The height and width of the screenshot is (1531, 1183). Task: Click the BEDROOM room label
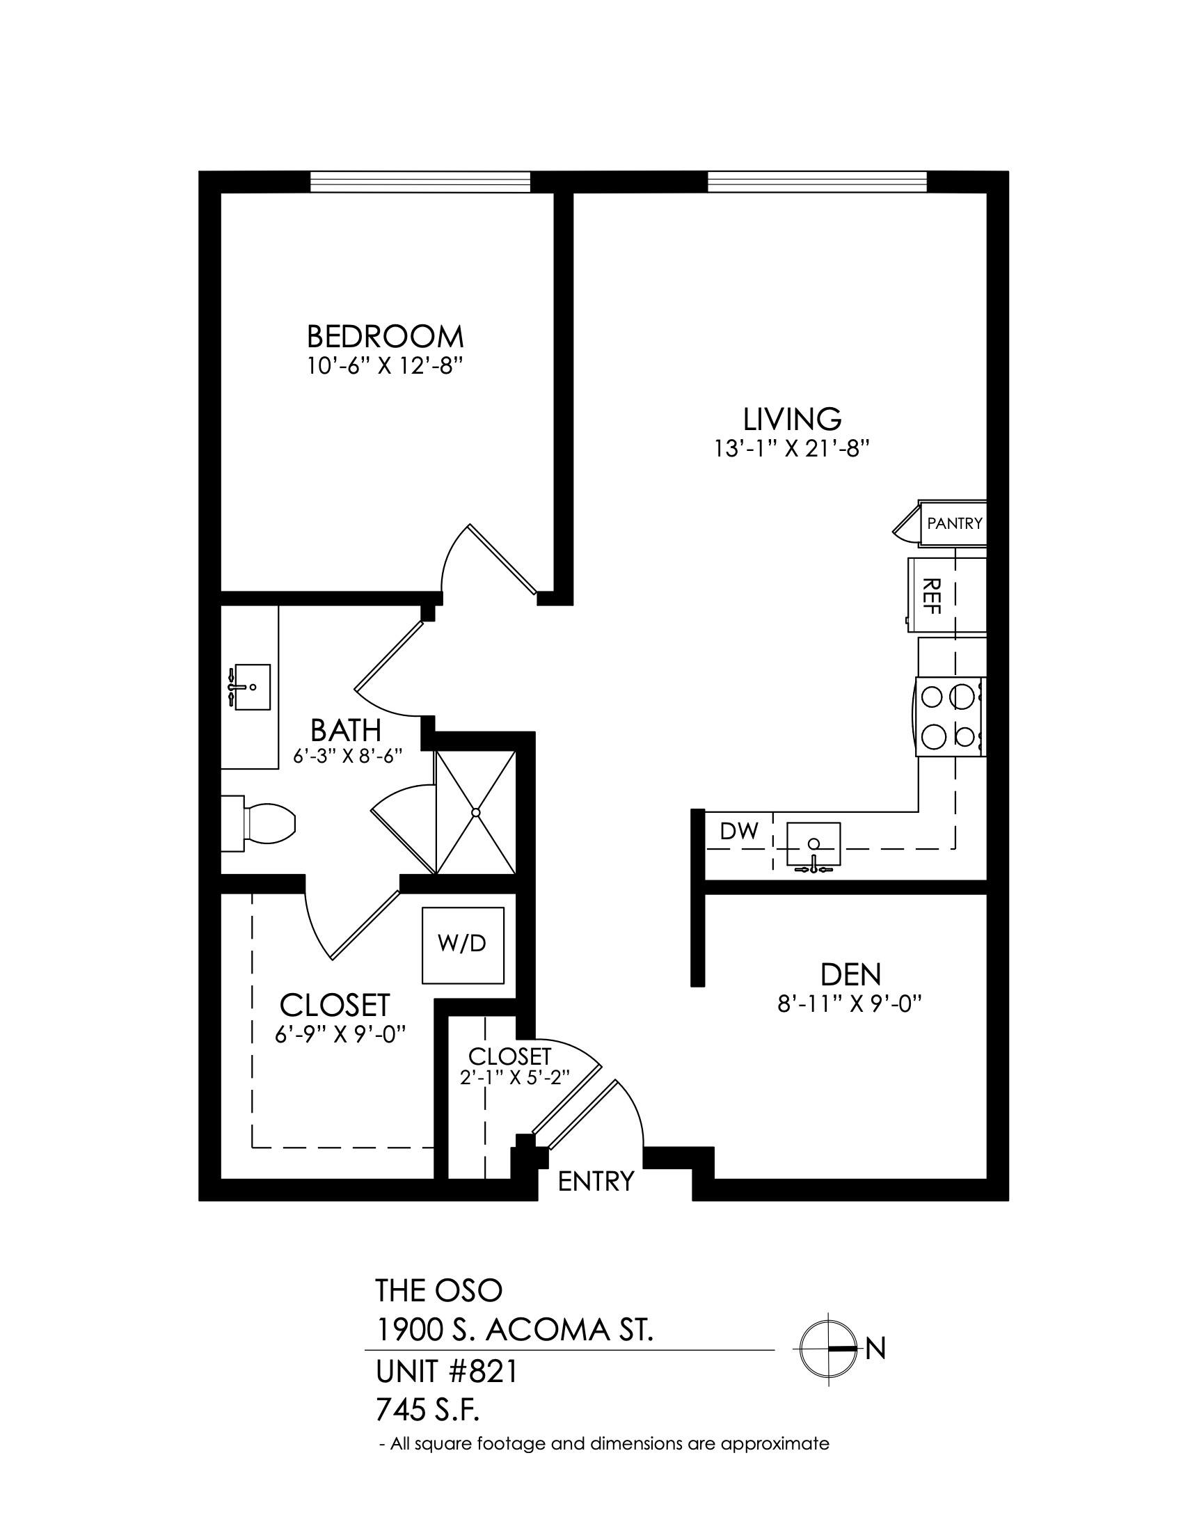click(x=385, y=337)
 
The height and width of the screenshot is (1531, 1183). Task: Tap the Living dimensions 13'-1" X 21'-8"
click(x=792, y=448)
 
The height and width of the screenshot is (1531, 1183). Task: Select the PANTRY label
click(x=955, y=523)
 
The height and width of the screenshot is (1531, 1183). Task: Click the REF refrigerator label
click(x=931, y=595)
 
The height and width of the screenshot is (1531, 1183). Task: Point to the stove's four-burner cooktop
click(x=949, y=716)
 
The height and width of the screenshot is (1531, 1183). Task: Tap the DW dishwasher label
click(x=739, y=832)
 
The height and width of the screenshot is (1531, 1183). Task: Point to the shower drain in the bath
click(x=476, y=812)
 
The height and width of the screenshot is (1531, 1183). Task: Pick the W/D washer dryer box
click(x=463, y=945)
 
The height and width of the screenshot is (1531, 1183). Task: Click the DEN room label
click(x=851, y=974)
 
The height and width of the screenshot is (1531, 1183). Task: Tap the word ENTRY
click(x=596, y=1181)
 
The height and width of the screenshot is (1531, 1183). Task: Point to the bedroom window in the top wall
click(x=420, y=182)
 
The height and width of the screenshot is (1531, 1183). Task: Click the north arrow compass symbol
click(x=829, y=1347)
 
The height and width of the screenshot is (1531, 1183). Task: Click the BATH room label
click(x=347, y=731)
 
